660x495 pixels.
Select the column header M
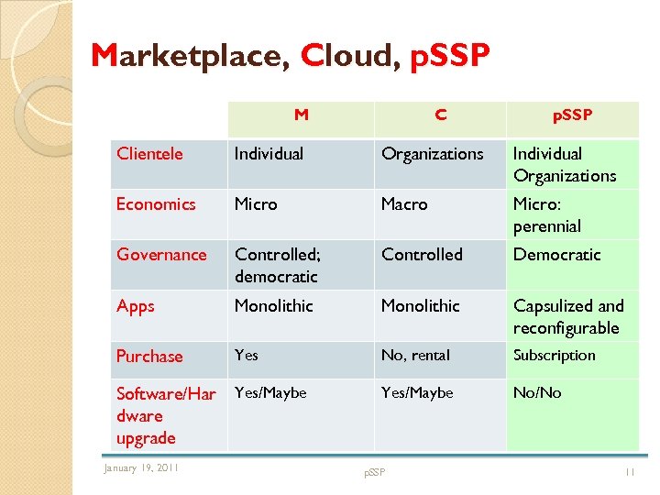(301, 115)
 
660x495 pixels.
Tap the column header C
(441, 115)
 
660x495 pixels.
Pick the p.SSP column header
(572, 115)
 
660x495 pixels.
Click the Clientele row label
(149, 153)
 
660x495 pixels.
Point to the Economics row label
(156, 203)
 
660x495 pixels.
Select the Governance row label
(161, 254)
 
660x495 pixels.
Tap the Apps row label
(135, 306)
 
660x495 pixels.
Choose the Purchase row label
(149, 356)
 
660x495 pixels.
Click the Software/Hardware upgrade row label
(166, 415)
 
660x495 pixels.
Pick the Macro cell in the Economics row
(404, 203)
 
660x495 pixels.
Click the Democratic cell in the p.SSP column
(556, 254)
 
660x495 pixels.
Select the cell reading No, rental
(416, 355)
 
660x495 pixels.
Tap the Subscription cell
(554, 355)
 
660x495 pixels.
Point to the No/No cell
(537, 392)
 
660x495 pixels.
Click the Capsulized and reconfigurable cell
(567, 316)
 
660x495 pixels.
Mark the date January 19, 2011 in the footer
(141, 468)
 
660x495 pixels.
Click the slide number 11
(630, 471)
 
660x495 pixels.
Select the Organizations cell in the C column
(432, 153)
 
